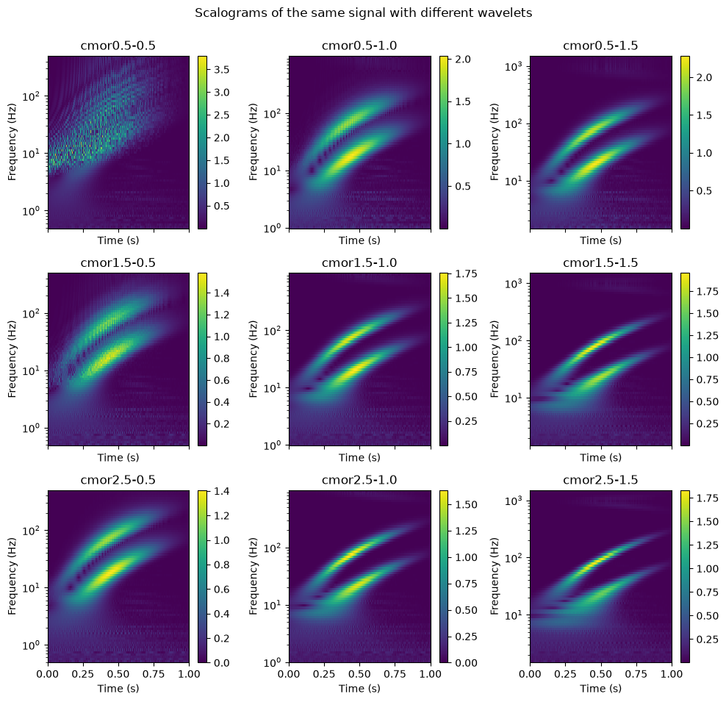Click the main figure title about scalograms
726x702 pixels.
pyautogui.click(x=363, y=13)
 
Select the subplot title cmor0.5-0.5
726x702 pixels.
pyautogui.click(x=118, y=46)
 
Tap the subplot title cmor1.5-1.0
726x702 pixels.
pyautogui.click(x=359, y=262)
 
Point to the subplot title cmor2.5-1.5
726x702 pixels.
pyautogui.click(x=600, y=480)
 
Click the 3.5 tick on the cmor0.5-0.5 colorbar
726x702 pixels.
pyautogui.click(x=221, y=69)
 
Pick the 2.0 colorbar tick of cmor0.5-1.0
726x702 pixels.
pyautogui.click(x=462, y=60)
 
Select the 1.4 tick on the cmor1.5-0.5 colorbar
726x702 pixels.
pyautogui.click(x=221, y=293)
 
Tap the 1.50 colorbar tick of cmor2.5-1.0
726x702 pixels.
pyautogui.click(x=465, y=504)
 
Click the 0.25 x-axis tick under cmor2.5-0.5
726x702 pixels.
pyautogui.click(x=83, y=674)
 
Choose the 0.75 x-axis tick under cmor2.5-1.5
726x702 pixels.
pyautogui.click(x=636, y=674)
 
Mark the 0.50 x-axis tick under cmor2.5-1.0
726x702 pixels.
pyautogui.click(x=360, y=674)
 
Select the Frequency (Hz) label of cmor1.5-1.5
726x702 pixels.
pyautogui.click(x=495, y=359)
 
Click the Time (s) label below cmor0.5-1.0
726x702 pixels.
pyautogui.click(x=359, y=240)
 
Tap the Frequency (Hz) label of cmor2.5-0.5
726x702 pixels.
pyautogui.click(x=12, y=576)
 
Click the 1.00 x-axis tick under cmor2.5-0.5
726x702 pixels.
pyautogui.click(x=189, y=674)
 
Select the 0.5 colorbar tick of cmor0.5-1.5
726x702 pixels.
pyautogui.click(x=704, y=191)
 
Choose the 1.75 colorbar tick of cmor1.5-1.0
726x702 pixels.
pyautogui.click(x=465, y=273)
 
